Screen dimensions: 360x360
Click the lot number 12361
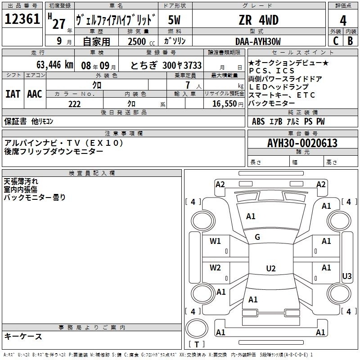coord(22,19)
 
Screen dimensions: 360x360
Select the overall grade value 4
coord(343,20)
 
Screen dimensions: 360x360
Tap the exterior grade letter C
coord(336,41)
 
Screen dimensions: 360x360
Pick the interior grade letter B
coord(351,41)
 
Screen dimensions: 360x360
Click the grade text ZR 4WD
coord(258,20)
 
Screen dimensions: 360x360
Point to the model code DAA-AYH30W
coord(258,41)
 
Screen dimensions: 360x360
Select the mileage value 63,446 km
coord(55,65)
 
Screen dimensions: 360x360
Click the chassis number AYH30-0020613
coord(302,143)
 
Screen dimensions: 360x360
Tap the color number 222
coord(75,104)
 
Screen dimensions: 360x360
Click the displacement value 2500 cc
coord(141,41)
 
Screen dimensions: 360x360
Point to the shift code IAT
coord(13,94)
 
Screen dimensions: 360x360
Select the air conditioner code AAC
coord(35,94)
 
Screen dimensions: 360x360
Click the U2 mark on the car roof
coord(271,268)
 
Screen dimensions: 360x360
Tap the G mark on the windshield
coord(257,237)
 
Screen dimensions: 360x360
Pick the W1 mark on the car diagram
coord(215,241)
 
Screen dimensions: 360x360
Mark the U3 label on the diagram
coord(346,276)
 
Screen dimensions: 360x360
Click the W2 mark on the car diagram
coord(215,268)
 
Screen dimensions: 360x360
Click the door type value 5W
coord(174,20)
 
